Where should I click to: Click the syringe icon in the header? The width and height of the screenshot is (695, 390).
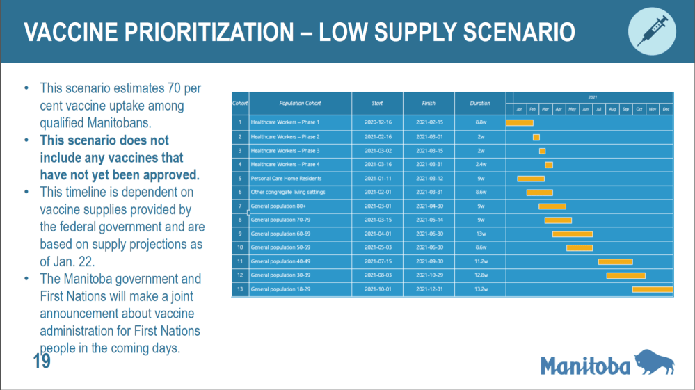653,31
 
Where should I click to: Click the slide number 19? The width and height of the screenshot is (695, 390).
42,361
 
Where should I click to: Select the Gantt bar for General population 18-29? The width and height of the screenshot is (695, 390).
652,289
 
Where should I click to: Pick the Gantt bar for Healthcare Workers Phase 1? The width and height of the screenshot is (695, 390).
519,123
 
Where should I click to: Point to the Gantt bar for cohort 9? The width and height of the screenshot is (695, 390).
572,234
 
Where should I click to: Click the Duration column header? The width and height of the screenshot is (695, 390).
480,103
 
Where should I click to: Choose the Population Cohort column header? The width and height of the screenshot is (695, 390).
300,103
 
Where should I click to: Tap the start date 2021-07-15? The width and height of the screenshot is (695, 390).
377,261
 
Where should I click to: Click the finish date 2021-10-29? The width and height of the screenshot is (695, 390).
429,275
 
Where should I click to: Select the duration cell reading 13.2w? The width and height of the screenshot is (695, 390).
480,289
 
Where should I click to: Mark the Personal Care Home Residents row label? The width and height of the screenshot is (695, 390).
286,179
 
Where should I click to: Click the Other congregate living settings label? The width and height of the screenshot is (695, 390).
287,193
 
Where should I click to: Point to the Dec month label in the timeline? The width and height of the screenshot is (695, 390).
666,109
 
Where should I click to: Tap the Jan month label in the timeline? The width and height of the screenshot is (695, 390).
519,109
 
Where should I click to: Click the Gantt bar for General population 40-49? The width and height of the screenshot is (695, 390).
615,261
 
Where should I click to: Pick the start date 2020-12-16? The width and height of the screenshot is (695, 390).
377,123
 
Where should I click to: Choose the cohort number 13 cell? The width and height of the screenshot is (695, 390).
240,289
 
